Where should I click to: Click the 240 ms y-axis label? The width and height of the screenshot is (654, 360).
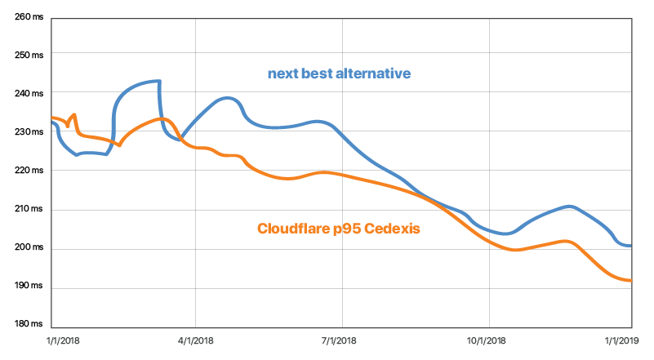[29, 93]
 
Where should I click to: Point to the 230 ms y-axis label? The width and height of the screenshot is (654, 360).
[29, 131]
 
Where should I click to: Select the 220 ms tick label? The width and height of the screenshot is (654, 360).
[29, 171]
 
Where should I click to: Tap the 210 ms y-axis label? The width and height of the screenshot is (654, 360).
[29, 209]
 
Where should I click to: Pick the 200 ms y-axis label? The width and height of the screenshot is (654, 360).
[29, 247]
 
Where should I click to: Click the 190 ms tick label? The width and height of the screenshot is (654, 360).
[29, 286]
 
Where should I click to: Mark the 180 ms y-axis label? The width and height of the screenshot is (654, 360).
[29, 324]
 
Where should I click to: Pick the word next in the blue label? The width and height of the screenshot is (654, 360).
[282, 74]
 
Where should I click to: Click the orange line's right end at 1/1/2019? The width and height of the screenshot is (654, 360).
[630, 281]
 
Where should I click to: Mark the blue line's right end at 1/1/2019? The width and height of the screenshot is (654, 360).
[630, 246]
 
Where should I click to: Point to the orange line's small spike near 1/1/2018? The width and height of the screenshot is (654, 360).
[74, 115]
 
